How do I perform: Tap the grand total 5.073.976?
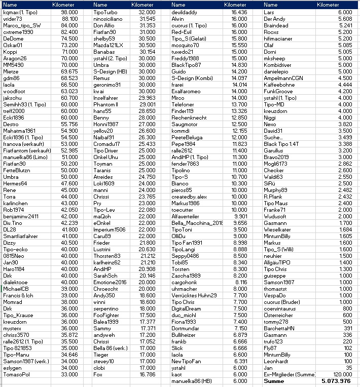tap(336, 381)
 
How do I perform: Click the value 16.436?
tap(239, 12)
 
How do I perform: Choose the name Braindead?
tap(276, 25)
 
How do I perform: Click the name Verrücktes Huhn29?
tap(194, 295)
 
